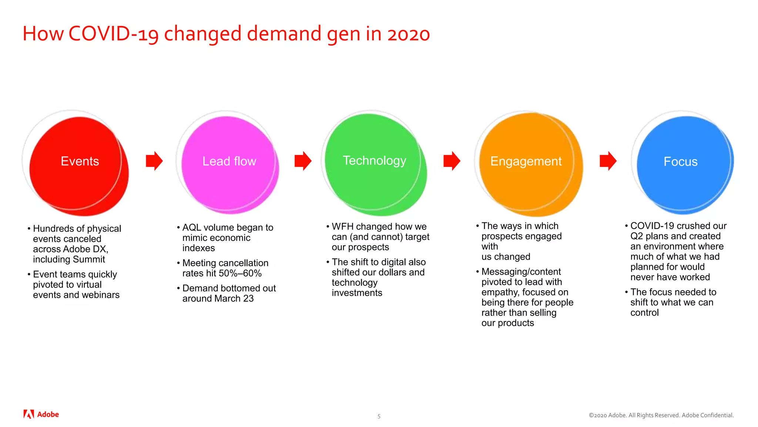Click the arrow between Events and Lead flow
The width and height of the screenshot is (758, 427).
point(154,161)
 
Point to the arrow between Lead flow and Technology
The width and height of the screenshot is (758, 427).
point(303,161)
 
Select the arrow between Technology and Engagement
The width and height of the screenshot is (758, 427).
point(452,161)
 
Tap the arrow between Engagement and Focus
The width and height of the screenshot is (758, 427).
point(608,161)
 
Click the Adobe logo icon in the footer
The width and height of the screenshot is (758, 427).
point(28,414)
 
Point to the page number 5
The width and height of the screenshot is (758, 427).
point(379,416)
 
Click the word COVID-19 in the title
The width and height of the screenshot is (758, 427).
point(114,34)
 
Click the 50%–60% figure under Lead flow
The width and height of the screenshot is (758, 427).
point(240,274)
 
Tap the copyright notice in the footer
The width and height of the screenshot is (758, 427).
point(661,415)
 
